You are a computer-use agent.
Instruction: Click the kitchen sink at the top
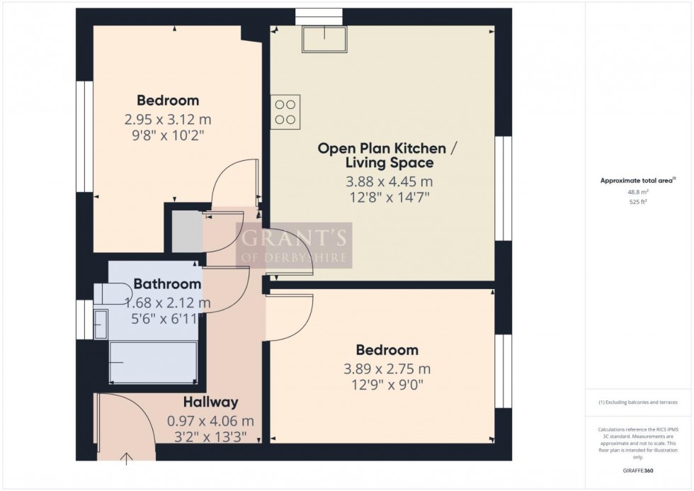click(x=324, y=39)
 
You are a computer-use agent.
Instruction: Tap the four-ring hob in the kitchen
click(x=286, y=112)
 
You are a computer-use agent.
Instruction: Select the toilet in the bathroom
click(x=112, y=292)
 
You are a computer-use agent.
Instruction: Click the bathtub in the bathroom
click(x=152, y=362)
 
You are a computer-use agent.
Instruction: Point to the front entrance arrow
click(x=127, y=458)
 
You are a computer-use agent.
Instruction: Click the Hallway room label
click(x=210, y=402)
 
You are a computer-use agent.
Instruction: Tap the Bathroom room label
click(x=167, y=284)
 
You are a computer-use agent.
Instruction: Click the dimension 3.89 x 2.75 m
click(x=387, y=369)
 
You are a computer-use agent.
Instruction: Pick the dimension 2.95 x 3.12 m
click(x=168, y=119)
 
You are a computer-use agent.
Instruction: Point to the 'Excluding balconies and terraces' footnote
click(x=638, y=402)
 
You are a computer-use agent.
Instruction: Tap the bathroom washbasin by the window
click(x=100, y=323)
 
